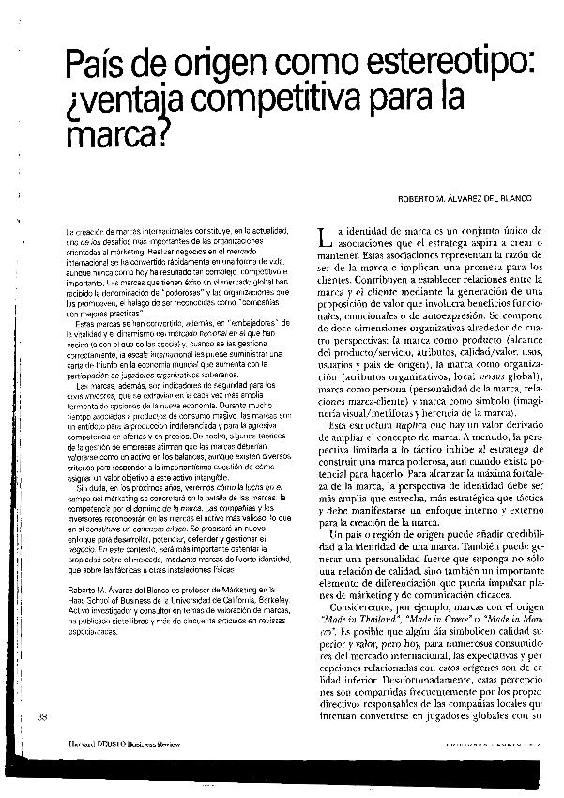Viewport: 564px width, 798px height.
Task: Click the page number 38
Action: click(x=41, y=717)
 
